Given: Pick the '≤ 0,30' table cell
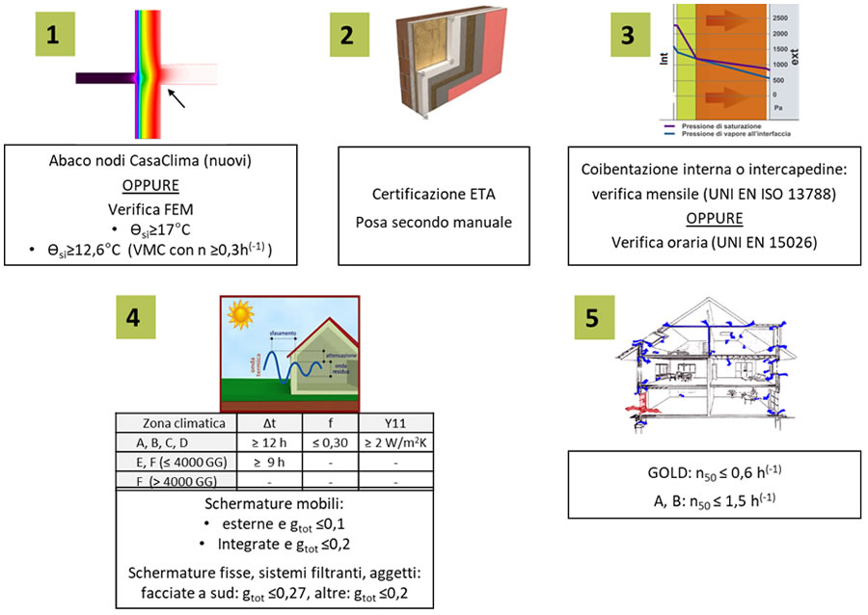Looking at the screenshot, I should pyautogui.click(x=329, y=442).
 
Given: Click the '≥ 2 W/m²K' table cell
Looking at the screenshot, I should pyautogui.click(x=395, y=442).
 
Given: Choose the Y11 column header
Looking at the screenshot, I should pyautogui.click(x=395, y=423).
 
